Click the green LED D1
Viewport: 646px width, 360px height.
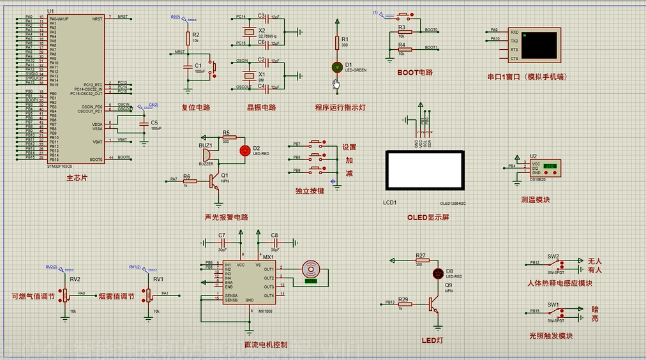[x=337, y=66]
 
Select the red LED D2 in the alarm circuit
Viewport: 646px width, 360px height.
[x=244, y=151]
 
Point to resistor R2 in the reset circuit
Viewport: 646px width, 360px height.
[x=188, y=38]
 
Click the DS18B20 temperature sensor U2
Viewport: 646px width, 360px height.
[x=544, y=169]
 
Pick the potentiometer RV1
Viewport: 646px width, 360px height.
[x=149, y=294]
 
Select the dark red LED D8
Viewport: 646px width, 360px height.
[x=438, y=273]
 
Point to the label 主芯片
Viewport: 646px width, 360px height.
[x=77, y=178]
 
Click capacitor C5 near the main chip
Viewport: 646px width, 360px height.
[x=144, y=124]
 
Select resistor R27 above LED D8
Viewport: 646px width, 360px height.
[x=421, y=260]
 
